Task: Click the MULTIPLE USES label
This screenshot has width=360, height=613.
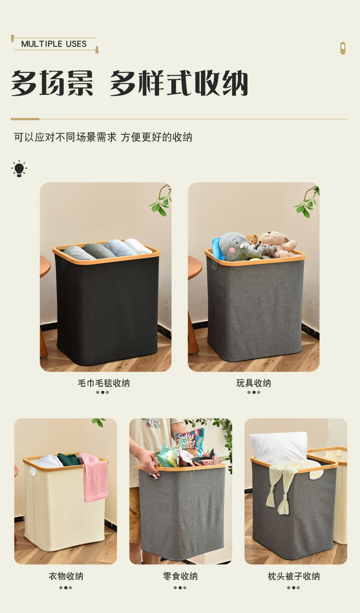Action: pyautogui.click(x=54, y=44)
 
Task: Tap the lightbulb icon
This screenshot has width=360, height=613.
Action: pyautogui.click(x=19, y=169)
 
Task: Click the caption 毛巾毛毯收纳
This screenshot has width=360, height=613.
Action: pyautogui.click(x=103, y=383)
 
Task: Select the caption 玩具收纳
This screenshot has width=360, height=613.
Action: pyautogui.click(x=253, y=383)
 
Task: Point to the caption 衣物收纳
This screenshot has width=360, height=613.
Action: pyautogui.click(x=66, y=576)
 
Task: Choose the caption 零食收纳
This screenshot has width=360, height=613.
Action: pyautogui.click(x=180, y=576)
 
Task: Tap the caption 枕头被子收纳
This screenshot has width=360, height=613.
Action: pyautogui.click(x=293, y=576)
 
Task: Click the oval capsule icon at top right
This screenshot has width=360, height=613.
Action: pyautogui.click(x=343, y=48)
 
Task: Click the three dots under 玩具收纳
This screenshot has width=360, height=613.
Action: pyautogui.click(x=253, y=392)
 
